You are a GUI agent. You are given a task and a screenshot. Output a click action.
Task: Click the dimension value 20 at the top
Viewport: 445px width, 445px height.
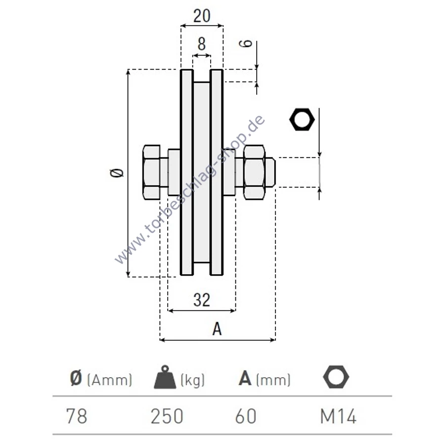tap(202, 16)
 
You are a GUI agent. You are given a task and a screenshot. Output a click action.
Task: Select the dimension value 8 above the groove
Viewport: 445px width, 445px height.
tap(202, 44)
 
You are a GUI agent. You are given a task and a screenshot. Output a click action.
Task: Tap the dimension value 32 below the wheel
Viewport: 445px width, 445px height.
tap(202, 300)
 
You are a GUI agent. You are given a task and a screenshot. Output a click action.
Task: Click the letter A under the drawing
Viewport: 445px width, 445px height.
tap(217, 329)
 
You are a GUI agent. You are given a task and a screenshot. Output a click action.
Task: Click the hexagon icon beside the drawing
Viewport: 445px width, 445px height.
tap(302, 119)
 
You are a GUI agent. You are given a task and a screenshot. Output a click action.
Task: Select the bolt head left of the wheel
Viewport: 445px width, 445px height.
tap(152, 172)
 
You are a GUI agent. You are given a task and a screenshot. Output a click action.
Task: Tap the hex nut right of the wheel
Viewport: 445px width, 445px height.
tap(254, 172)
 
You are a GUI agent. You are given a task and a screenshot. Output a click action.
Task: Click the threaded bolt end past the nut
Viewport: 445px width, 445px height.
tap(270, 172)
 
